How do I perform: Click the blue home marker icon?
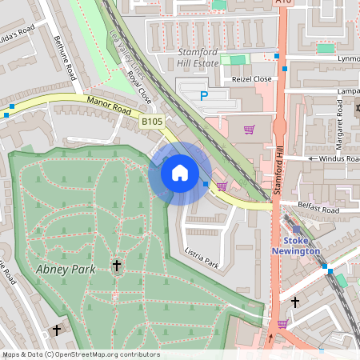coord(180,173)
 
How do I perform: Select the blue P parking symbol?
coord(204,95)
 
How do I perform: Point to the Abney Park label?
coord(66,269)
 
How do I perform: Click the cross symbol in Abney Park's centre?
coord(116,264)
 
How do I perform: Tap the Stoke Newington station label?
coord(301,246)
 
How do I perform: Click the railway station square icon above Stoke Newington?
coord(296,229)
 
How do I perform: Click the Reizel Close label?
coord(253,79)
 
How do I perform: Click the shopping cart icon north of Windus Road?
coord(249,129)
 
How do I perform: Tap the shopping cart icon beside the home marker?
coord(221,186)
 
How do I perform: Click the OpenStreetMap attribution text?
coord(81,354)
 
